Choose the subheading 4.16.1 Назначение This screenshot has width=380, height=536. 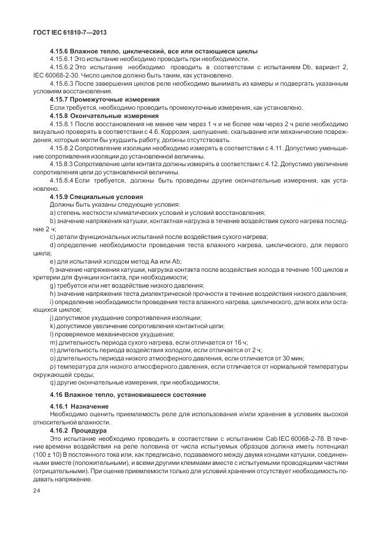(79, 406)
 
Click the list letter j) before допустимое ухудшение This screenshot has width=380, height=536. (52, 317)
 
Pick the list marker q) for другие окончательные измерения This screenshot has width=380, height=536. (53, 382)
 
